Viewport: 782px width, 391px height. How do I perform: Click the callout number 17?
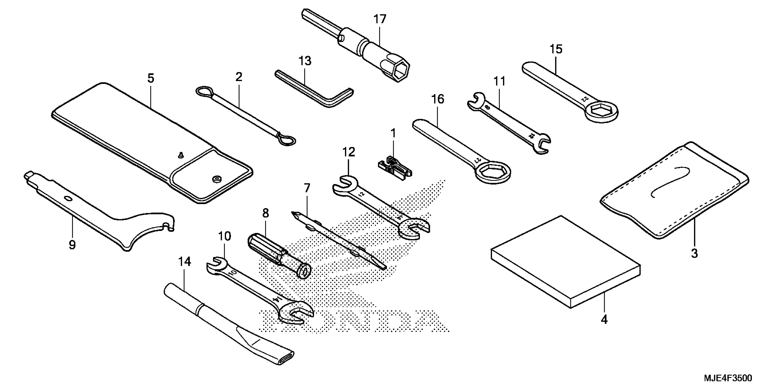click(379, 19)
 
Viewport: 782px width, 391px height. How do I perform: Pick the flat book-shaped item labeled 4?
click(565, 262)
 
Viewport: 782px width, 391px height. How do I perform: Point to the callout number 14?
click(184, 262)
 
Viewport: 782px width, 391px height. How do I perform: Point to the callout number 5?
click(151, 78)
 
